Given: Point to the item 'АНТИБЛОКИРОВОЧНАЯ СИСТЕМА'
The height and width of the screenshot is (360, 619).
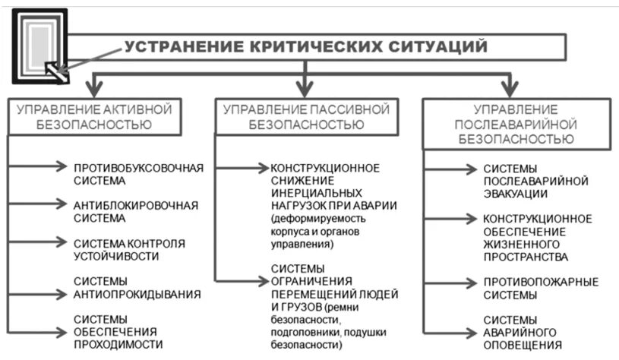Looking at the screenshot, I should (x=136, y=211).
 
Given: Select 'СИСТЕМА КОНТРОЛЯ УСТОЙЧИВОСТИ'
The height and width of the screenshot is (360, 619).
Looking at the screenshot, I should (x=129, y=249).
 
